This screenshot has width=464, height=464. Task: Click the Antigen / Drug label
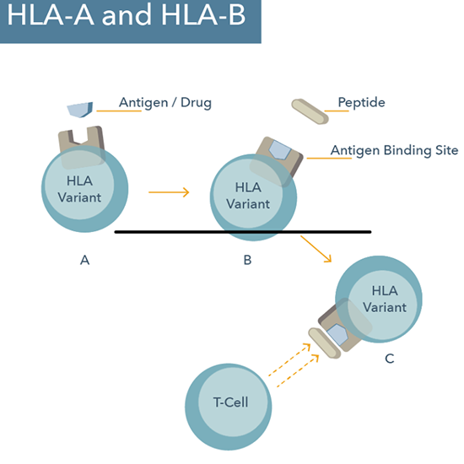pos(165,104)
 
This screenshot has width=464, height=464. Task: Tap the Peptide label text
pos(361,103)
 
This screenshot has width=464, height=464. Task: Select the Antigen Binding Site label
pos(393,150)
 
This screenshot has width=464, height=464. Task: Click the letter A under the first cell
pos(84,260)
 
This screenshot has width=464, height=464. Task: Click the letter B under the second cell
pos(247,260)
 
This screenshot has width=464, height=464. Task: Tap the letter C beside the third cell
pos(389,359)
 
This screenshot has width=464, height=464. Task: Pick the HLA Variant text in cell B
pos(253,195)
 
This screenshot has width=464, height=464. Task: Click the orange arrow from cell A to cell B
pos(169,192)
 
